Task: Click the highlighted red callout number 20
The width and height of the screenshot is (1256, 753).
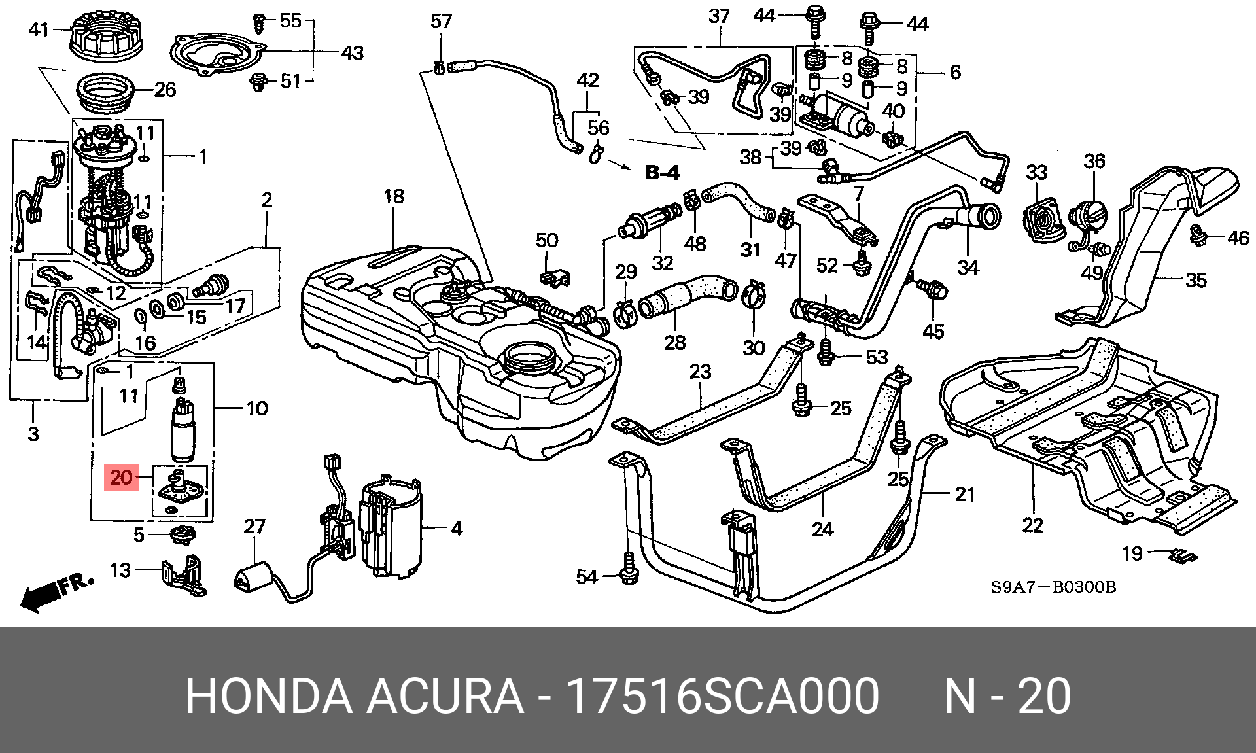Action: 122,478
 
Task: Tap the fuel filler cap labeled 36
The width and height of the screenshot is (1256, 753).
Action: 1088,216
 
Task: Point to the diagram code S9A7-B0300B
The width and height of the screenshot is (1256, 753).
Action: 1053,587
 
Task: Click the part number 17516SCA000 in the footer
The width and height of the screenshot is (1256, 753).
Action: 722,696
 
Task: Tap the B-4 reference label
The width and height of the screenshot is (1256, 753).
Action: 662,173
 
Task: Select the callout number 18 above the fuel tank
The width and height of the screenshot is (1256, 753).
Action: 394,196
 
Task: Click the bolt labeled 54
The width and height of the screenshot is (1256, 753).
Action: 629,568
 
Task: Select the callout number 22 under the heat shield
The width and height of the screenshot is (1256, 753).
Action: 1032,525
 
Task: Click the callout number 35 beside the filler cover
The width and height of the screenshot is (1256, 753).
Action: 1196,280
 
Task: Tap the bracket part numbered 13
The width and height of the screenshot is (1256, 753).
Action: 184,576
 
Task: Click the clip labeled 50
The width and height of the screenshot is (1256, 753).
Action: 555,277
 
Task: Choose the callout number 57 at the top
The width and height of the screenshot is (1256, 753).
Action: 442,22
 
